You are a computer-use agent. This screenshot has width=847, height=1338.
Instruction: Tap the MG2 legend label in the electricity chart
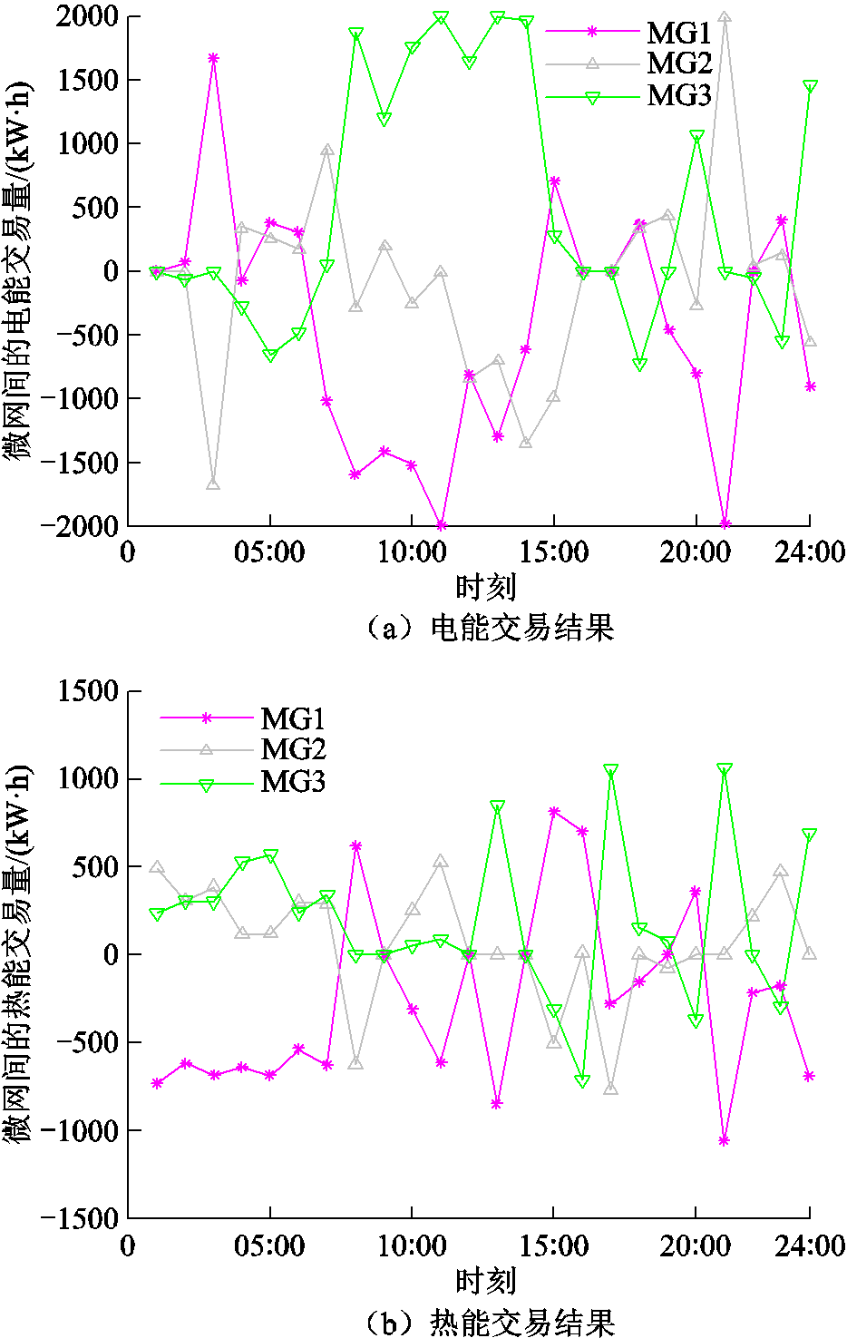click(x=678, y=63)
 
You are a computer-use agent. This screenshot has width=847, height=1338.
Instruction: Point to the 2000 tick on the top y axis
click(x=87, y=16)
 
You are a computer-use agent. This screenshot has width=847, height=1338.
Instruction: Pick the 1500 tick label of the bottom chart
click(x=88, y=692)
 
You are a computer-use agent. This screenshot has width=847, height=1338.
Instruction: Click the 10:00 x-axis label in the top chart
click(x=412, y=552)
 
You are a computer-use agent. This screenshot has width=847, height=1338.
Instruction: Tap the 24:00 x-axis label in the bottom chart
click(x=809, y=1246)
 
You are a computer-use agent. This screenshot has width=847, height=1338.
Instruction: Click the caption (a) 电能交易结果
click(x=490, y=628)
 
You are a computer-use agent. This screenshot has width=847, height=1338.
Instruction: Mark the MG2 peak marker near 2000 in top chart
click(x=724, y=17)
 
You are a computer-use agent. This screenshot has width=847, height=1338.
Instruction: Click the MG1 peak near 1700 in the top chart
click(x=213, y=58)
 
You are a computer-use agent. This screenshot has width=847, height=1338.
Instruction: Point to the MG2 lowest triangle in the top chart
click(x=213, y=483)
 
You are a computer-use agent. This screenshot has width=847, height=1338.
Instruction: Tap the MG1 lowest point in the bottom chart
click(x=724, y=1140)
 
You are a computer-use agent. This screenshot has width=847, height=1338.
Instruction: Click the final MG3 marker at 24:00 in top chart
click(x=810, y=87)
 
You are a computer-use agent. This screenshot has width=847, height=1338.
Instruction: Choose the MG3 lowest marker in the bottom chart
click(x=582, y=1081)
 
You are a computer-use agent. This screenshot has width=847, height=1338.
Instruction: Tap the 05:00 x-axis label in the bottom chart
click(x=269, y=1246)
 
